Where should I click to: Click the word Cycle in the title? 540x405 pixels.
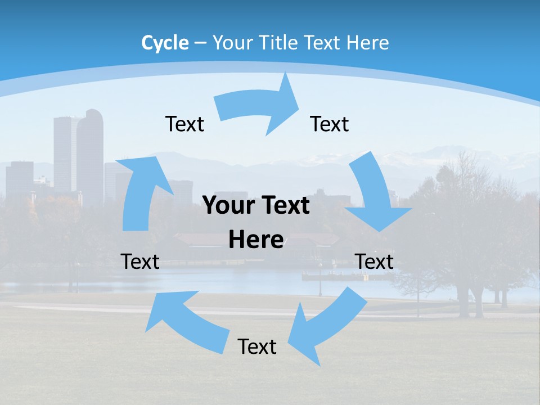coord(165,43)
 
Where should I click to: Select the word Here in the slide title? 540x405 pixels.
coord(367,43)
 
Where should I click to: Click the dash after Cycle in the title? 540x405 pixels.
coord(200,43)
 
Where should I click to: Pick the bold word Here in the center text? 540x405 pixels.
coord(256,240)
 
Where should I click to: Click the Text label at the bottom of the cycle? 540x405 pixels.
coord(257,346)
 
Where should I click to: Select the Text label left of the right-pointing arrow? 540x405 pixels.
coord(184,124)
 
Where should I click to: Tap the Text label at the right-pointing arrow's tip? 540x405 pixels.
coord(330,124)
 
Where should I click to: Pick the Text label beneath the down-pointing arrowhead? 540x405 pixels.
coord(374,262)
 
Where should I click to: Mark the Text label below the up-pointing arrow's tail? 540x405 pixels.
coord(140,262)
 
